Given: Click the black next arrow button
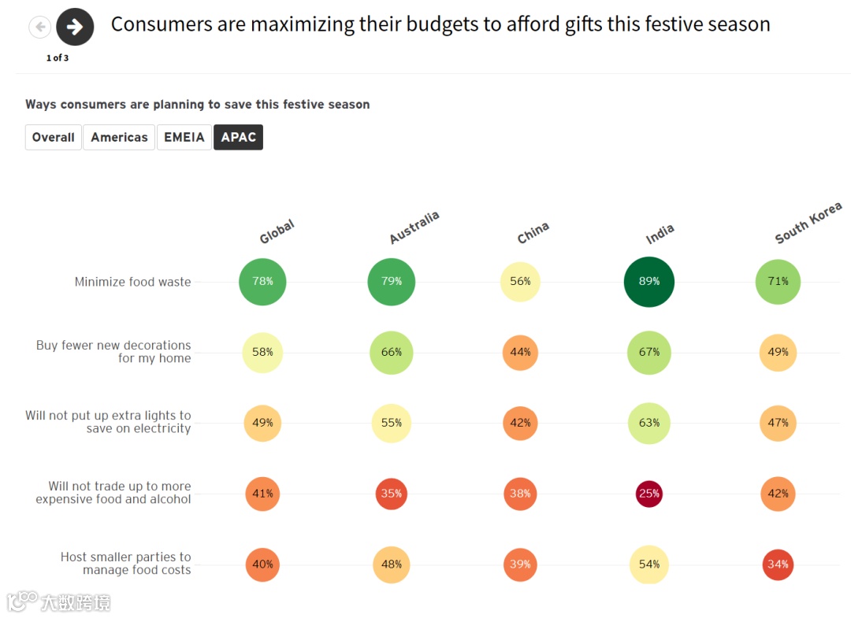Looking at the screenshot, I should (x=75, y=28).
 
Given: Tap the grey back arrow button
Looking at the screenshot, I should (x=39, y=28).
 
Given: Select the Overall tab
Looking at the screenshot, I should (x=54, y=137).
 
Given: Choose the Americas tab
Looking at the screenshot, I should (x=119, y=137).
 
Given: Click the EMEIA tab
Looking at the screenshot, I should (x=184, y=137).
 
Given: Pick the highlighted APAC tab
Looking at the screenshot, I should (x=239, y=137).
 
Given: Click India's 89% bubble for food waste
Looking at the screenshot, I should (x=649, y=281).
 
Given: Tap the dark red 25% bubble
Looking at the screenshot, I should (x=649, y=494).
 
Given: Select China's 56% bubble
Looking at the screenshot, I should (x=520, y=281).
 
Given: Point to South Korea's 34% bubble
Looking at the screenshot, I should (x=778, y=564).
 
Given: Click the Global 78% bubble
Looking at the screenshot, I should (x=262, y=281).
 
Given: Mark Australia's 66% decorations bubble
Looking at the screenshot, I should (x=391, y=352).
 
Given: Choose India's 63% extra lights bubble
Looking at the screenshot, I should (x=649, y=423).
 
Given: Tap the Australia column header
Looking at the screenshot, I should (x=414, y=228).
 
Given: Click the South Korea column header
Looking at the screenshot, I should (x=808, y=224).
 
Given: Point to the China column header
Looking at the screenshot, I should (x=533, y=232).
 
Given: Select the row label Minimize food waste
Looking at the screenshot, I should (x=132, y=282).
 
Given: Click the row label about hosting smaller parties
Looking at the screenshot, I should (x=126, y=564).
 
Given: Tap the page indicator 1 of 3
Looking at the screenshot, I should (x=58, y=58).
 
